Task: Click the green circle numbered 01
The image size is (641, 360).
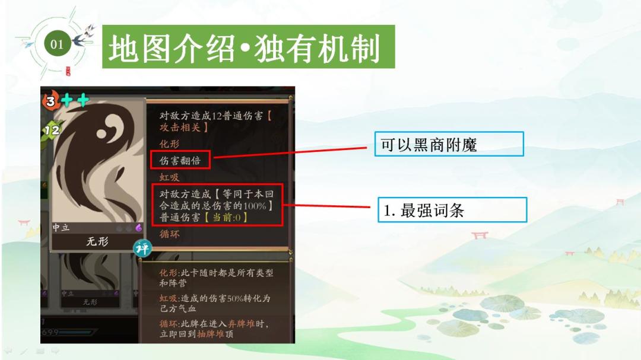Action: coord(57,44)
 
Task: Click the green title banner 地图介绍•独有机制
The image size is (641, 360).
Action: coord(249,47)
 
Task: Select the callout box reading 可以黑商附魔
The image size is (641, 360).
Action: coord(449,144)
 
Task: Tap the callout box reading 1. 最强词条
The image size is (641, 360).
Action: coord(452,210)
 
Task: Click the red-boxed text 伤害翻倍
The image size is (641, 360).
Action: coord(180,160)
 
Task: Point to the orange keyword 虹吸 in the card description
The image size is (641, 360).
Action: coord(169,177)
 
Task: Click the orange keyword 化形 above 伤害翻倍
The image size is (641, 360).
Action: coord(169,144)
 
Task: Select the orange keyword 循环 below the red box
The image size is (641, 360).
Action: coord(169,234)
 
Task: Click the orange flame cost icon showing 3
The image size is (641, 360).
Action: coord(50,100)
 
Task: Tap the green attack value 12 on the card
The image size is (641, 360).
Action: coord(52,130)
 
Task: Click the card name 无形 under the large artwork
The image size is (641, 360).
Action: coord(97,241)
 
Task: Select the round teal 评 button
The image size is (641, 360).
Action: coord(142,248)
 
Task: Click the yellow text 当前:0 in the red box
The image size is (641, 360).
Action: coord(226,217)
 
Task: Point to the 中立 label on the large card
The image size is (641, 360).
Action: coord(61,228)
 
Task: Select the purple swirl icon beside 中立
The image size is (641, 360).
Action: coord(138,228)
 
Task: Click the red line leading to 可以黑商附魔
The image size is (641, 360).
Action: coord(290,152)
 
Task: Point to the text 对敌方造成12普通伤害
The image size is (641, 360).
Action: coord(211,116)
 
